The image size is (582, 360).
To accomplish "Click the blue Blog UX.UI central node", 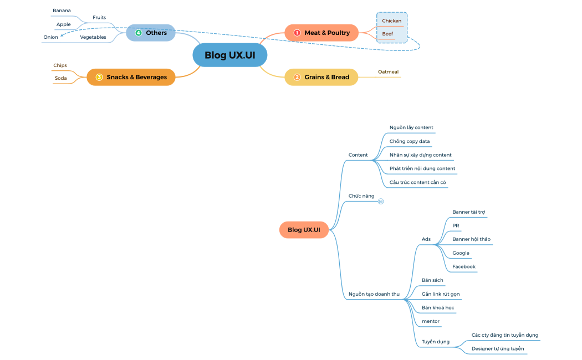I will tap(230, 55).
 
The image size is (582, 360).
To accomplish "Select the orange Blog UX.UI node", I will tap(304, 229).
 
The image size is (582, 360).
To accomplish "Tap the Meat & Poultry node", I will tap(321, 33).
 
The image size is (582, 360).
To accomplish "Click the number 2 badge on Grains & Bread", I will tap(297, 77).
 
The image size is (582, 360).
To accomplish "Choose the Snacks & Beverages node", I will tap(131, 77).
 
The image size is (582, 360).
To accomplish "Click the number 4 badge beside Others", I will tap(139, 33).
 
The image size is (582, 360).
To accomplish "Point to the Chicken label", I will tap(391, 21).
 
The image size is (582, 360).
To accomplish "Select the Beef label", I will tap(387, 34).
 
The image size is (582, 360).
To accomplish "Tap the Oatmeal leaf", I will tap(388, 71).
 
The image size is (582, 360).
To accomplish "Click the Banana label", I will tap(62, 11).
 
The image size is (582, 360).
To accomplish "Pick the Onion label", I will tap(50, 37).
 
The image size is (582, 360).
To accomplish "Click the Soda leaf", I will tap(60, 78).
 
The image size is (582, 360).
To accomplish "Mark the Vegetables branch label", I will tap(93, 37).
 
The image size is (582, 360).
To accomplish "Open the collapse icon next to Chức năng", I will tap(381, 201).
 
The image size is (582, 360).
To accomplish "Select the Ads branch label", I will tap(426, 239).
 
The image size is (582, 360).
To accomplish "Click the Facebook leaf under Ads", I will tap(463, 266).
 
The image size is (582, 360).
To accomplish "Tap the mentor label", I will tap(430, 321).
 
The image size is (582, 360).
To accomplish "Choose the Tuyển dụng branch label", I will tap(435, 342).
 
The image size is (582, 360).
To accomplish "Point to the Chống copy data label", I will tap(409, 141).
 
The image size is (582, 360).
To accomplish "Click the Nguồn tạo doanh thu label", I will tap(374, 294).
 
